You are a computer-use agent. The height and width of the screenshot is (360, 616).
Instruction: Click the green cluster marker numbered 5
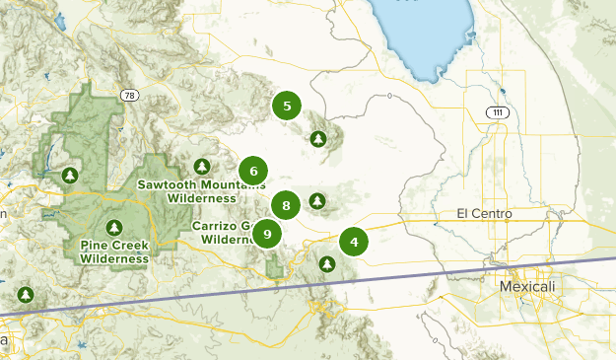tap(286, 107)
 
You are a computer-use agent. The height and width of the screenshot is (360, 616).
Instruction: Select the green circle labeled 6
tap(253, 172)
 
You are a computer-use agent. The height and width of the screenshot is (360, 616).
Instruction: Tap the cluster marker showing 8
tap(286, 205)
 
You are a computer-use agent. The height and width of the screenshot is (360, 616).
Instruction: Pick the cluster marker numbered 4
tap(353, 241)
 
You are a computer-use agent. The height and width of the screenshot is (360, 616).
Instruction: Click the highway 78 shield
tap(130, 96)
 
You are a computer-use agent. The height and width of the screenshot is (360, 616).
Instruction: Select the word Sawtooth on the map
tap(167, 184)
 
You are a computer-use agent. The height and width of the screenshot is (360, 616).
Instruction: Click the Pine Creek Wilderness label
tap(114, 252)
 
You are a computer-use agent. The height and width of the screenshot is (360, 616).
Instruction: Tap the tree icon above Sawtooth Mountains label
tap(203, 167)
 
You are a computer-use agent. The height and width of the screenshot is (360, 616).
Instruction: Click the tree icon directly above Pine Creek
tap(114, 227)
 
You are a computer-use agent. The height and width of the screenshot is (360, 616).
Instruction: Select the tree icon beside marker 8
tap(317, 201)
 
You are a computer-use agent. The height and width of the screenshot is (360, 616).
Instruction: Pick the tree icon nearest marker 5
tap(317, 139)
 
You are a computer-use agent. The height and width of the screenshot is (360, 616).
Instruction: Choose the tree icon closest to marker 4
tap(326, 263)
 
